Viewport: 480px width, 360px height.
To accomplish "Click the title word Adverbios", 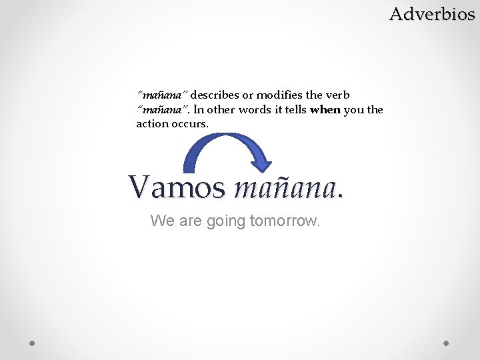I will coord(432,13).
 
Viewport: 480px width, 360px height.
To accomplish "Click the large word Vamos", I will coord(177,187).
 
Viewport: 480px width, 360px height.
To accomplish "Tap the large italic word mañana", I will coord(285,187).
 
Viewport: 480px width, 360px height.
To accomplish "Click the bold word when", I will coord(325,110).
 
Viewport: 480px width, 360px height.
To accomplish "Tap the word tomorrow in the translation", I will coord(285,221).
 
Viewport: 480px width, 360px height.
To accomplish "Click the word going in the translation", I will coord(225,221).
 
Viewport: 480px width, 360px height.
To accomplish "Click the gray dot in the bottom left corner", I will coord(33,343).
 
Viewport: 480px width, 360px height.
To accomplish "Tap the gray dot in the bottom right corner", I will coord(447,343).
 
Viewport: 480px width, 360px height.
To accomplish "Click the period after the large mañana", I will coord(341,196).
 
